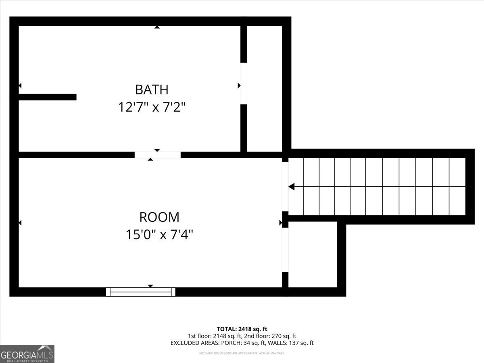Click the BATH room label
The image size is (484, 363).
pos(152,89)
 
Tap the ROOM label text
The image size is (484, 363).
pos(159,217)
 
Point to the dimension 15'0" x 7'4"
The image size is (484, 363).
pos(159,235)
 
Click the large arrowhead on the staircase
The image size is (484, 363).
pos(292,187)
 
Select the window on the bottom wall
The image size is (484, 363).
pos(141,292)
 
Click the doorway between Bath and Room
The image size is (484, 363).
pos(157,155)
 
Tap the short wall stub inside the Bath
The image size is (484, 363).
pos(47,97)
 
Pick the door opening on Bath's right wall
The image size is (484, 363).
pos(243,83)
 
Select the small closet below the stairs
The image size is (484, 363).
pos(313,254)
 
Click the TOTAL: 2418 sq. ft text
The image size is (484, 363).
pos(242,329)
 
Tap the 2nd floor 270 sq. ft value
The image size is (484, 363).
pos(282,336)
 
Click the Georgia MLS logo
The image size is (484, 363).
pos(27,354)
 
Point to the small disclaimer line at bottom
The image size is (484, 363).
pos(242,353)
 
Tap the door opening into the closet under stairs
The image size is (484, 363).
pos(285,250)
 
